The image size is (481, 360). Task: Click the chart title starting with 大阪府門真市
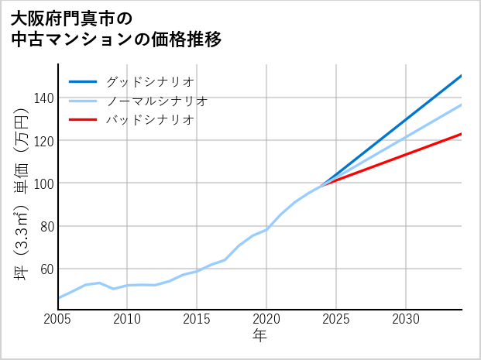point(116,28)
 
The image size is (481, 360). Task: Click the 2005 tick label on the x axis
point(58,319)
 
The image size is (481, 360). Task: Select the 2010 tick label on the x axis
point(127,319)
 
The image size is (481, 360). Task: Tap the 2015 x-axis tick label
point(197,319)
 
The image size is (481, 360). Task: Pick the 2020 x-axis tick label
point(266,319)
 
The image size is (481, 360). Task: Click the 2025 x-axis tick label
point(336,319)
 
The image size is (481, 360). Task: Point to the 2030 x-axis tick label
point(406,319)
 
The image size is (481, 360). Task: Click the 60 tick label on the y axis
point(44,269)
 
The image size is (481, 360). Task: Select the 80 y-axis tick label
point(44,226)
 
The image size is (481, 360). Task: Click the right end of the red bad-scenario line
point(461,134)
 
